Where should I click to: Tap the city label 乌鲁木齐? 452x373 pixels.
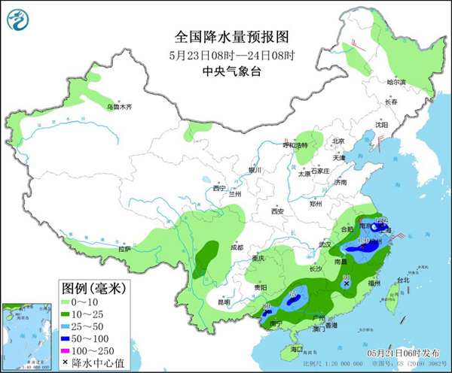pos(118,108)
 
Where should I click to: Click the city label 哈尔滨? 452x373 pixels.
pos(396,82)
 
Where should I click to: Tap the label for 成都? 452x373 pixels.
pos(237,247)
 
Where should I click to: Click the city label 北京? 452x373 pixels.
pos(338,141)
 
